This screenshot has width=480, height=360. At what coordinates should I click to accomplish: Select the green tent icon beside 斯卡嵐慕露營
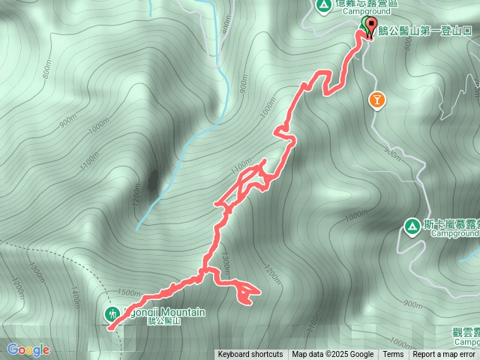click(412, 225)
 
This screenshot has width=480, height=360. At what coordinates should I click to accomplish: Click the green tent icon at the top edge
click(324, 6)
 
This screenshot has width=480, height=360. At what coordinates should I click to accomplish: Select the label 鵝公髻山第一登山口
click(427, 32)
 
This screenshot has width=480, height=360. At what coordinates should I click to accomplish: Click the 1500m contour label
click(130, 292)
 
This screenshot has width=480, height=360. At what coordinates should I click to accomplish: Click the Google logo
click(28, 349)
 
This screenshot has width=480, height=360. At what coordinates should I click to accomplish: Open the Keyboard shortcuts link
click(250, 355)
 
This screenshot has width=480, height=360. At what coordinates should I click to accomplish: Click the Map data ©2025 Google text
click(332, 355)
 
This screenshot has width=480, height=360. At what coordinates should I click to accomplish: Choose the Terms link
click(393, 355)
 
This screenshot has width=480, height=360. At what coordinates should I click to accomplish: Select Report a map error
click(445, 355)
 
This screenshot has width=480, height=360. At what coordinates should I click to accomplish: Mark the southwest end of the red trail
click(111, 327)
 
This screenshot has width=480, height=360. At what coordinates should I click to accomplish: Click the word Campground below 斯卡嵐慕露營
click(454, 233)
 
